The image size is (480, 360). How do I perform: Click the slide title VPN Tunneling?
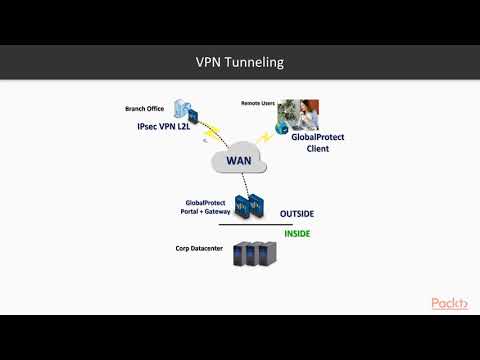tap(240, 62)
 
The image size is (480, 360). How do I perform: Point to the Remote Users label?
tap(258, 103)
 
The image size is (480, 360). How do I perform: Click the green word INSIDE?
tap(297, 234)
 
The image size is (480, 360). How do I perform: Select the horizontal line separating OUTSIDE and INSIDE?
tap(270, 225)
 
